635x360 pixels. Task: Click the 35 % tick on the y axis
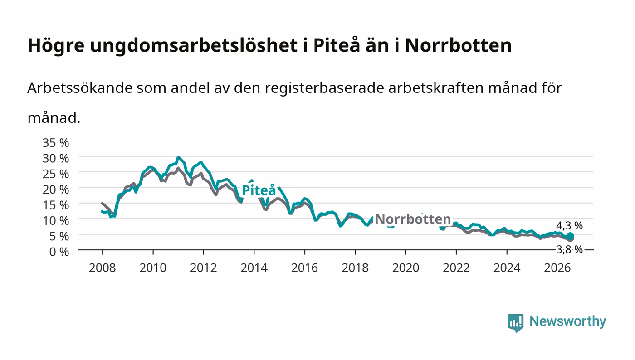point(55,142)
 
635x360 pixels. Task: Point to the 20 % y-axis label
point(55,190)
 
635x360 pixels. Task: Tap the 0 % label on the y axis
point(59,252)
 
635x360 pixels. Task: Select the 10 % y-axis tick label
point(55,220)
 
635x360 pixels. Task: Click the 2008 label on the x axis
point(103,268)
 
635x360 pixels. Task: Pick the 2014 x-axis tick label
point(254,268)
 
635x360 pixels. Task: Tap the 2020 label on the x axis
point(405,268)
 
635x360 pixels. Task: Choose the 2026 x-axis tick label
point(557,268)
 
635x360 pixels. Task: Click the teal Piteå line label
point(259,190)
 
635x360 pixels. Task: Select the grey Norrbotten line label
point(413,219)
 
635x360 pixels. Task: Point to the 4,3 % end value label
point(569,226)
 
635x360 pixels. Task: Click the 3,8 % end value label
point(569,250)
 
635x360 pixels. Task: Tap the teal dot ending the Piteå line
point(570,236)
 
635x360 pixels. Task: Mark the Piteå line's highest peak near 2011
point(178,157)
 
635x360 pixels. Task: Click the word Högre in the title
point(56,45)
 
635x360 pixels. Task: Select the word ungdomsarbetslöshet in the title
point(194,45)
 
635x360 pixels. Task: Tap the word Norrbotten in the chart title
point(459,45)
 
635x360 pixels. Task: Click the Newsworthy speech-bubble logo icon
point(515,322)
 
